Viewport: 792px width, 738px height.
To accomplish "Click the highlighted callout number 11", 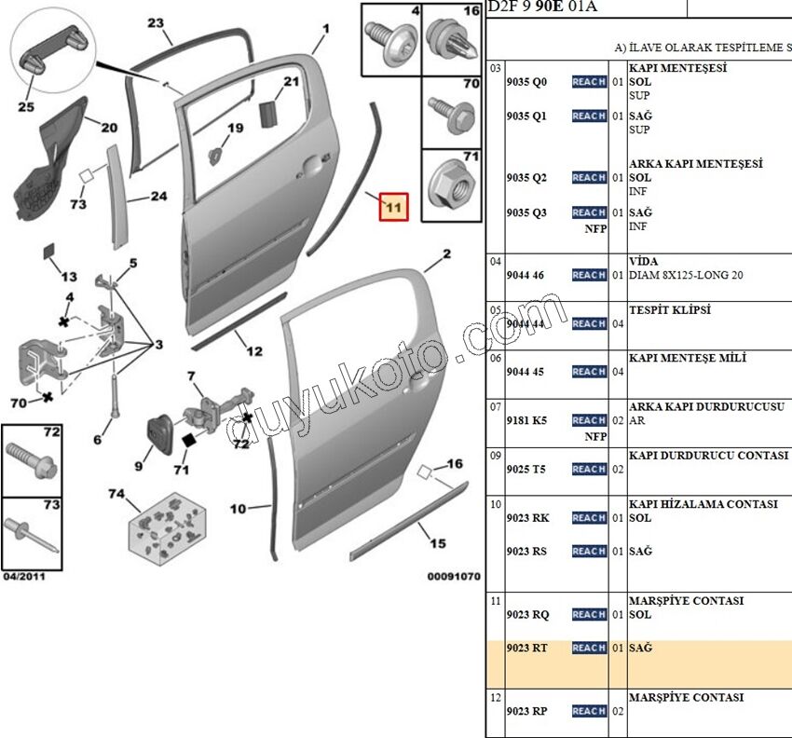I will coord(393,206).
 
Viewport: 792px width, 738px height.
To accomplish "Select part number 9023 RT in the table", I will coord(527,648).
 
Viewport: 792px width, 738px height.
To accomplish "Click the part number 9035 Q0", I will coord(526,82).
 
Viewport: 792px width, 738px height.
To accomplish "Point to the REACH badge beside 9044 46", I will coord(589,275).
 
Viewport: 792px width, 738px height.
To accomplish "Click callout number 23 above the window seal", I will coord(156,23).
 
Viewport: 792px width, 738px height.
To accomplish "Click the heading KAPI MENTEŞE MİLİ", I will coord(688,359).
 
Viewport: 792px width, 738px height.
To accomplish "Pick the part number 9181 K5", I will coord(526,420).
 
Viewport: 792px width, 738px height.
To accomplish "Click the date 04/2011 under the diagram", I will coord(24,576).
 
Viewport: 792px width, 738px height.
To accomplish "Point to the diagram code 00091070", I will coord(454,577).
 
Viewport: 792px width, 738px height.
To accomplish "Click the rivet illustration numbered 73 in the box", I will coord(33,538).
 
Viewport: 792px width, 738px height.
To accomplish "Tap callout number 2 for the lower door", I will coord(446,253).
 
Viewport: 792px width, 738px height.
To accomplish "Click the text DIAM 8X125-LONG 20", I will coord(688,275).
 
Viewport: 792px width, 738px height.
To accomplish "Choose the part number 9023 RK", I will coord(526,518).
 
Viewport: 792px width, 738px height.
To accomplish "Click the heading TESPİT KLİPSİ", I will coord(670,310).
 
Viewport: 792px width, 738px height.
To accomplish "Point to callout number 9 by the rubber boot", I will coord(139,466).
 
